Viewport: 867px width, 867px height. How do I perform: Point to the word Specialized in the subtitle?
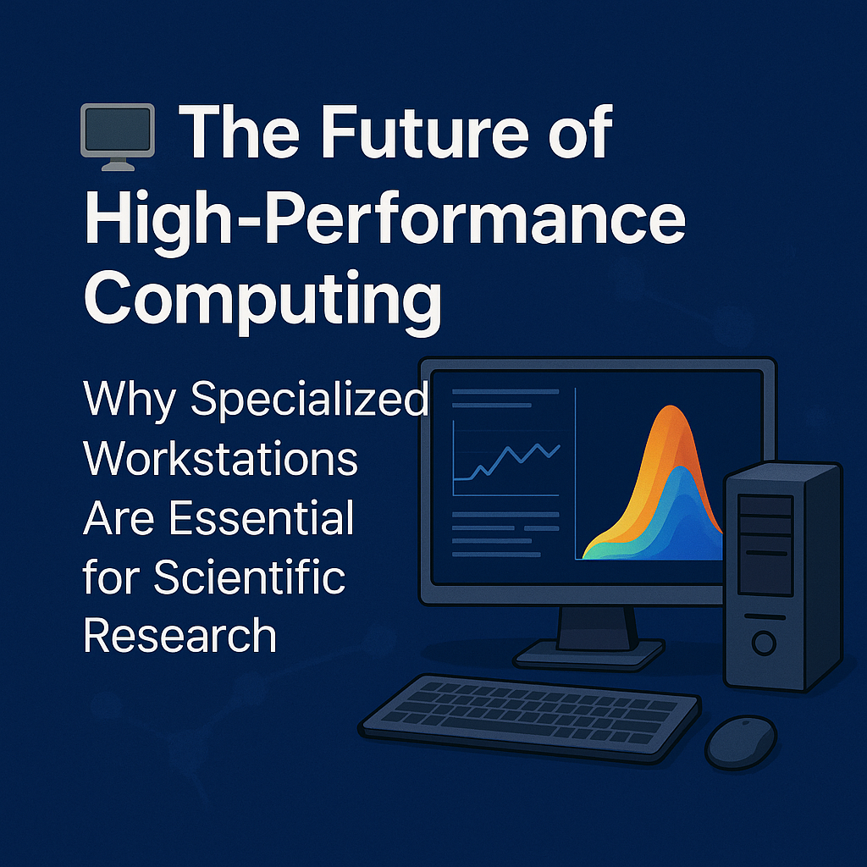pos(310,399)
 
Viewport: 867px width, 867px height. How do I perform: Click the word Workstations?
pos(220,458)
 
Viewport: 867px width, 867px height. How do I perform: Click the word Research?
pos(180,635)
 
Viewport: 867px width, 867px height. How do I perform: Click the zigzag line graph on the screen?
pos(508,461)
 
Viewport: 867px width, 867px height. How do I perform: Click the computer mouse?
pos(741,742)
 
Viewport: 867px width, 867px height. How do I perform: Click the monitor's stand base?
pos(588,653)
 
